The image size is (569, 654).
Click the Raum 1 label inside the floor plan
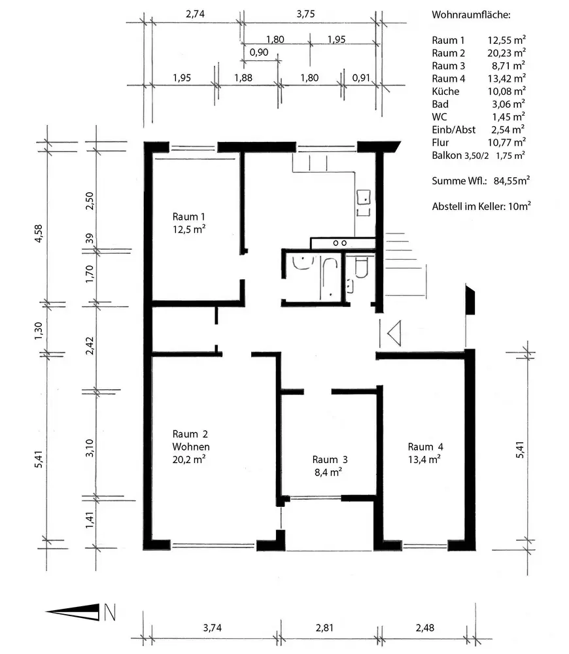[x=188, y=216]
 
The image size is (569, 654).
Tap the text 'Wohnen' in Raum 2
[x=191, y=447]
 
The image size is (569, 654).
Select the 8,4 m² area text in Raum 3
[x=328, y=472]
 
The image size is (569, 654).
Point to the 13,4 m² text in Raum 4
[x=424, y=460]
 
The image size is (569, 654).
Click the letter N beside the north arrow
[x=109, y=612]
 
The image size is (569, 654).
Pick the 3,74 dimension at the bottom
[x=213, y=628]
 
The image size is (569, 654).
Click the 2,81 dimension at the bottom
[x=324, y=628]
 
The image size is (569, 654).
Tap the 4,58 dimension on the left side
[x=39, y=233]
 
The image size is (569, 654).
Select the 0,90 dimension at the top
[x=259, y=52]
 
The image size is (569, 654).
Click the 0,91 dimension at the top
[x=361, y=78]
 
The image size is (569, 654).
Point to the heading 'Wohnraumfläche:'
[x=471, y=15]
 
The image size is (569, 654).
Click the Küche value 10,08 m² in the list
[x=506, y=91]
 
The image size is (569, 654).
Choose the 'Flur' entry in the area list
[x=440, y=143]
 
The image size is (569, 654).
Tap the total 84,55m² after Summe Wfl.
[x=511, y=181]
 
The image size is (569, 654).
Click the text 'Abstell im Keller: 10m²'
[x=481, y=206]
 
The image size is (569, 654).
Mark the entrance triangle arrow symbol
[x=394, y=334]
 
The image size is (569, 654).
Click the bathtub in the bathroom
[x=329, y=278]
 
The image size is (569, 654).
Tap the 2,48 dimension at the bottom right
[x=425, y=628]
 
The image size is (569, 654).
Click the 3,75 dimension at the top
[x=306, y=14]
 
